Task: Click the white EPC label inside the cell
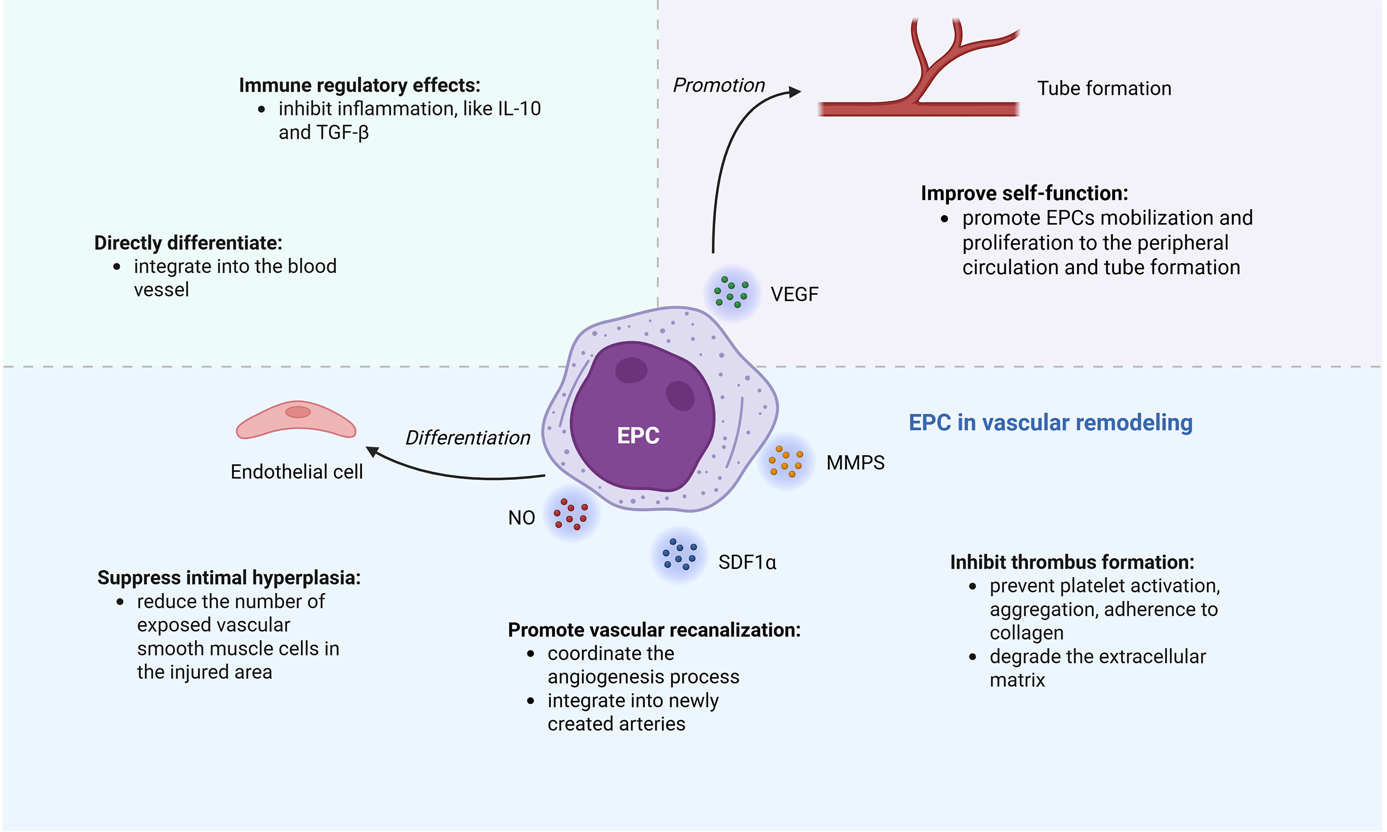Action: coord(638,435)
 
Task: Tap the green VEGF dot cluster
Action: coord(731,292)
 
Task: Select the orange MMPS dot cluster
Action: coord(786,461)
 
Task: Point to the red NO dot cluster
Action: coord(570,514)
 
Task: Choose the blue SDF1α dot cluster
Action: coord(679,555)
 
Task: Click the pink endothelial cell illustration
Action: coord(296,420)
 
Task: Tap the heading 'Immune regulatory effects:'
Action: coord(359,85)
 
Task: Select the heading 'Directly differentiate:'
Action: coord(188,243)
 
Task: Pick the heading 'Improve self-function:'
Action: coord(1025,193)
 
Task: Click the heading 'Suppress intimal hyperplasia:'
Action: coord(229,577)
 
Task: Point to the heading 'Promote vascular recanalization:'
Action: coord(654,630)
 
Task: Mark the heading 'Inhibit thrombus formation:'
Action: coord(1072,562)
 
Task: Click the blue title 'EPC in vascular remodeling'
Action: coord(1050,422)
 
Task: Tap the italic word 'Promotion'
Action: coord(719,85)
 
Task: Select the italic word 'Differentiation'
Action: coord(468,438)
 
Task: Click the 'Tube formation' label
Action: coord(1104,89)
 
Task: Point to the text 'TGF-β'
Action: coord(342,133)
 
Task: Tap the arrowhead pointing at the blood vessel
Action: coord(795,92)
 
